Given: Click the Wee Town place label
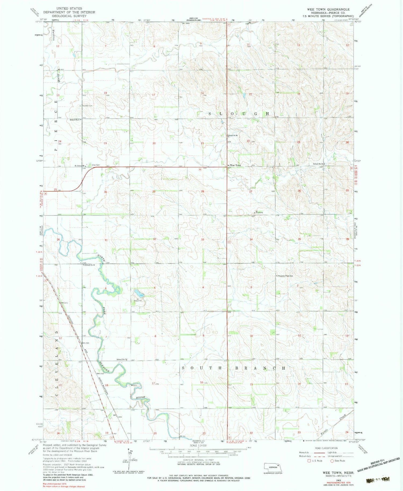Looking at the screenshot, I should click(235, 165).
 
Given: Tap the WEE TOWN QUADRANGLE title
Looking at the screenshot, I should click(328, 9).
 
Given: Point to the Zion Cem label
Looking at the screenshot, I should click(96, 165).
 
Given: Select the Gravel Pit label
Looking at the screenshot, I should click(138, 301).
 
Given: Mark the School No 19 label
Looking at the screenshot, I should click(90, 265).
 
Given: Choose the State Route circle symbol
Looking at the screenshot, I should click(332, 461).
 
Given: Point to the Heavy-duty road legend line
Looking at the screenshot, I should click(318, 453).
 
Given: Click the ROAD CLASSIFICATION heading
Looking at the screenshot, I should click(326, 448).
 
